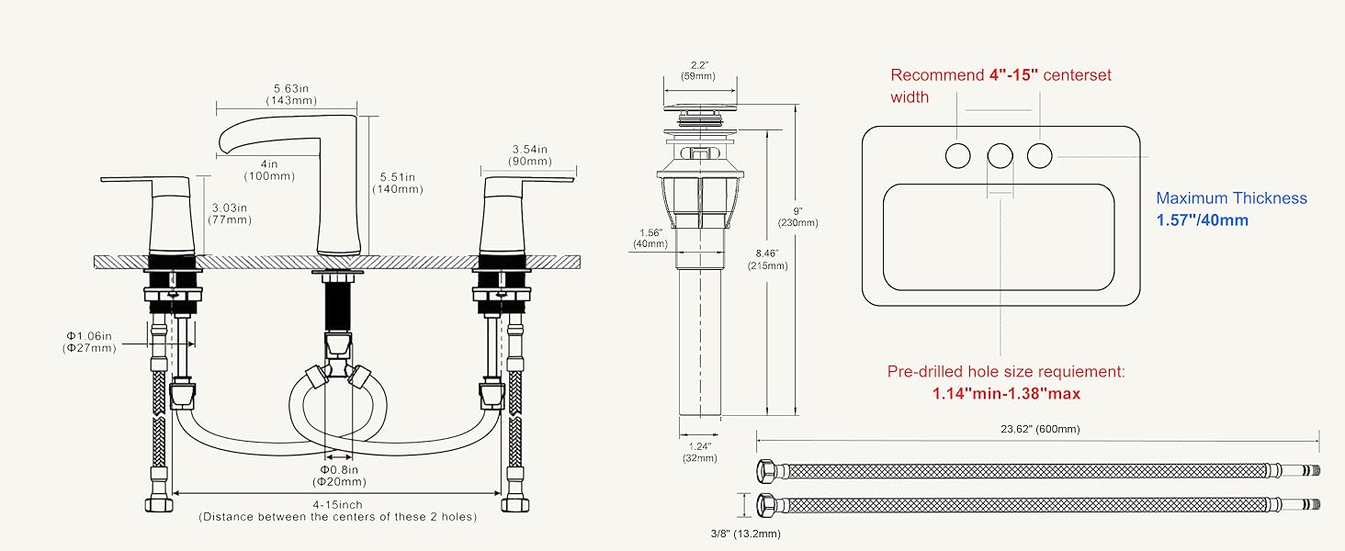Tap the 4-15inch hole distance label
click(x=338, y=504)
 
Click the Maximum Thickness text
click(x=1231, y=198)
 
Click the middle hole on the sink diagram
click(x=1000, y=155)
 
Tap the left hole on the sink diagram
click(x=958, y=155)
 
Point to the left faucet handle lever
click(x=138, y=179)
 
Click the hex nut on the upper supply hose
click(x=765, y=471)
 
